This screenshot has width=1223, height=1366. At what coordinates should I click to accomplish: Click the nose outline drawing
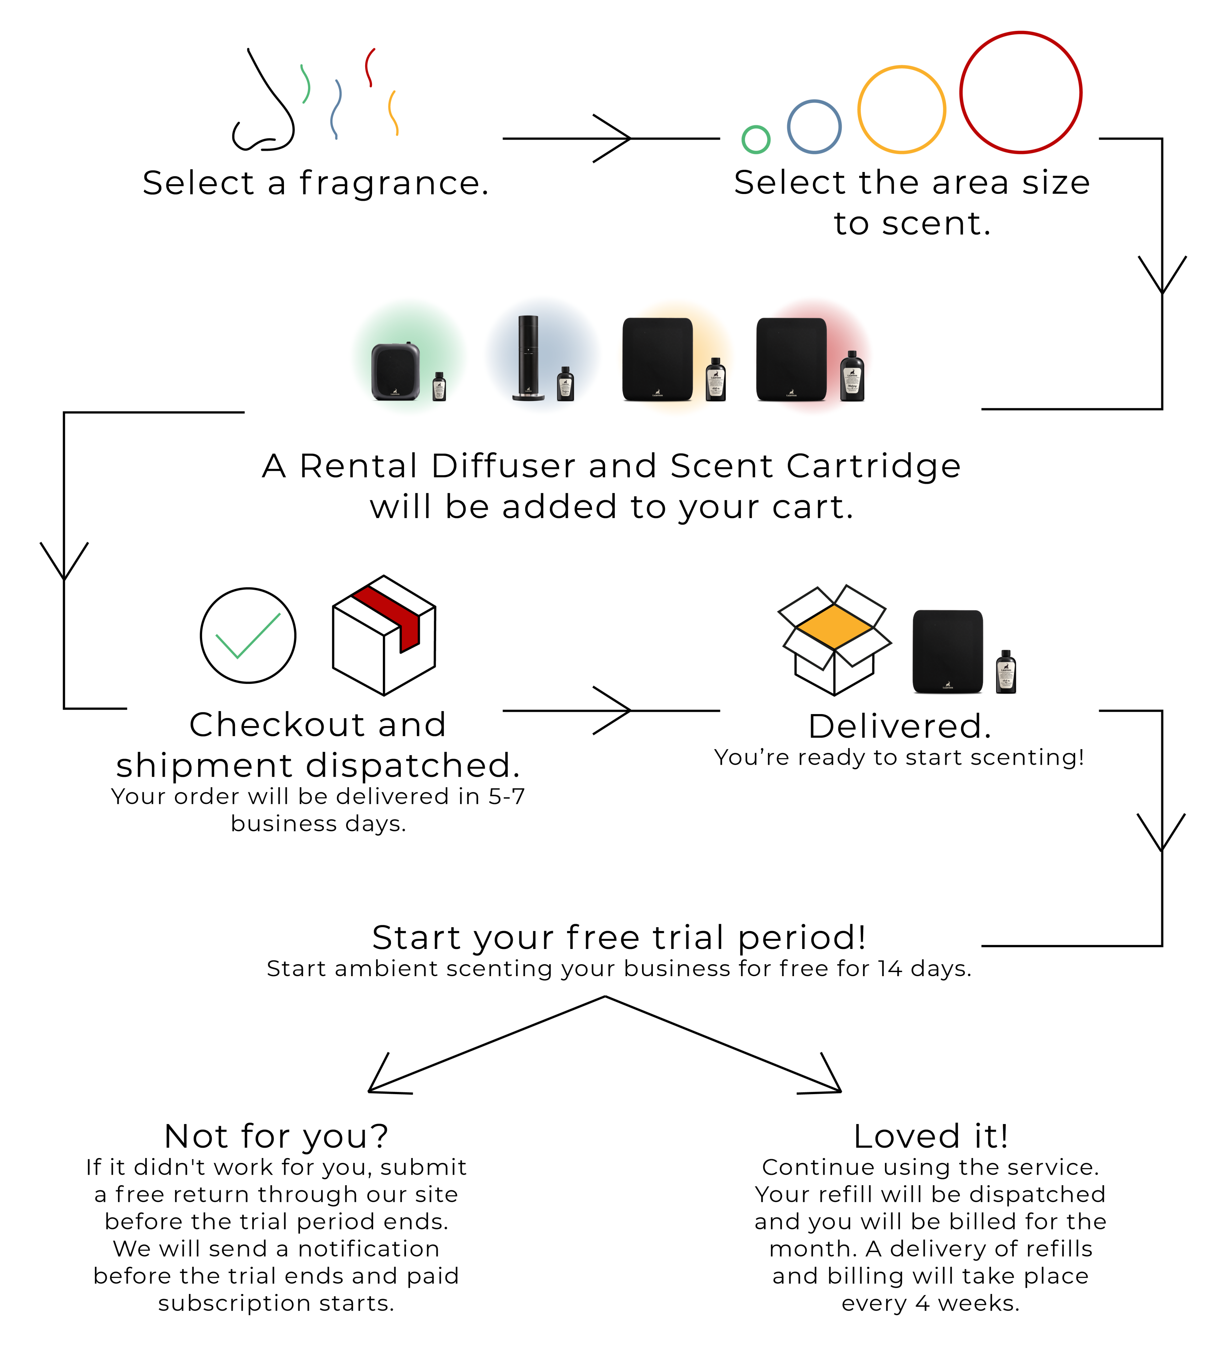pyautogui.click(x=265, y=107)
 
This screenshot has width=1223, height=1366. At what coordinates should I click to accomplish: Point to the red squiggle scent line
pyautogui.click(x=369, y=67)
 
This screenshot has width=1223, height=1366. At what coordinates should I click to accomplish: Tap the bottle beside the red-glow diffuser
pyautogui.click(x=852, y=377)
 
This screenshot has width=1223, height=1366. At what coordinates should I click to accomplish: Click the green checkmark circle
pyautogui.click(x=248, y=635)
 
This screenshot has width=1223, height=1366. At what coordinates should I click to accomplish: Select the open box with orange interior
pyautogui.click(x=834, y=639)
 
